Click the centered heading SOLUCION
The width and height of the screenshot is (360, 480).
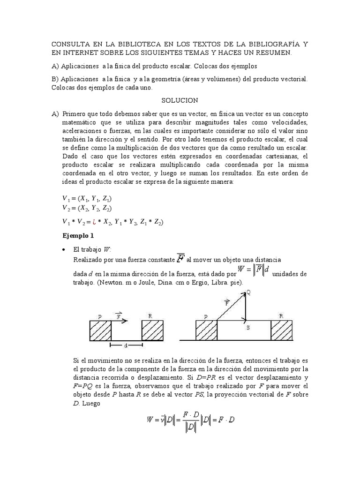coord(180,100)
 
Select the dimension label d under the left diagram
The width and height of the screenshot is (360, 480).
coord(126,346)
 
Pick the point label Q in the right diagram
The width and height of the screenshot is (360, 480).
coord(248,292)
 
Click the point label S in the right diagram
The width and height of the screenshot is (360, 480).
coord(248,329)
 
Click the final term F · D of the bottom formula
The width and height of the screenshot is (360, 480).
coord(225,420)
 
